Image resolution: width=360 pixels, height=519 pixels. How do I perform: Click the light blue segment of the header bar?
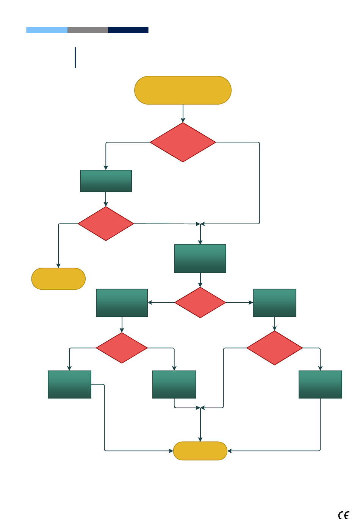coord(47,30)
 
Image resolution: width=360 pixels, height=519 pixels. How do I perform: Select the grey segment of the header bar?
coord(88,30)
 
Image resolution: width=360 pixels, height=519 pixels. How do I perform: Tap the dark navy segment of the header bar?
coord(128,30)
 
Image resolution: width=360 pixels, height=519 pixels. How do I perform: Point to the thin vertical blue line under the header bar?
coord(75,58)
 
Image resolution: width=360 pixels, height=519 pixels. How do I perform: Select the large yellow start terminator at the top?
coord(183,90)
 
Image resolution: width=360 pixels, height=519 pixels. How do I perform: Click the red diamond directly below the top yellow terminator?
coord(183,142)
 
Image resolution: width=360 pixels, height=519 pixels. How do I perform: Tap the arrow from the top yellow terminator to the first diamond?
coord(183,113)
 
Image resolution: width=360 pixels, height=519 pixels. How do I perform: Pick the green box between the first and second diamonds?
coord(106,181)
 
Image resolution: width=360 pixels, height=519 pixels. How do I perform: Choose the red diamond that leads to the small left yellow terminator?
coord(106,224)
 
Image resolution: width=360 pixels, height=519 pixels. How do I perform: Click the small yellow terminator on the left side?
coord(58,279)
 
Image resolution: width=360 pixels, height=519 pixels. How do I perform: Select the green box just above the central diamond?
coord(200,258)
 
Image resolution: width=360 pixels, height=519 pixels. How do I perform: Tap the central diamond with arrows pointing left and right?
coord(200,302)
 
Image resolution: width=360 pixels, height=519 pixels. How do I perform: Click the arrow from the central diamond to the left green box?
coord(161,303)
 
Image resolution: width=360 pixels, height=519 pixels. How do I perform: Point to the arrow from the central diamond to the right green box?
coord(239,303)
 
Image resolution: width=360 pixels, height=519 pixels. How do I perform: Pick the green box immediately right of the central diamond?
coord(274,302)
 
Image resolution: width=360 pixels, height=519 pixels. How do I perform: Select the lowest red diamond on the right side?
coord(274,348)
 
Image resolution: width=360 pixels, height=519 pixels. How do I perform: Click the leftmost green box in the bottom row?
coord(69,385)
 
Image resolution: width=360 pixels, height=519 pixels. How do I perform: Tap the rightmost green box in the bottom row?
coord(320,385)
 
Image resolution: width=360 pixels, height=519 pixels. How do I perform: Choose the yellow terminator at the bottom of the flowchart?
coord(200,451)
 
